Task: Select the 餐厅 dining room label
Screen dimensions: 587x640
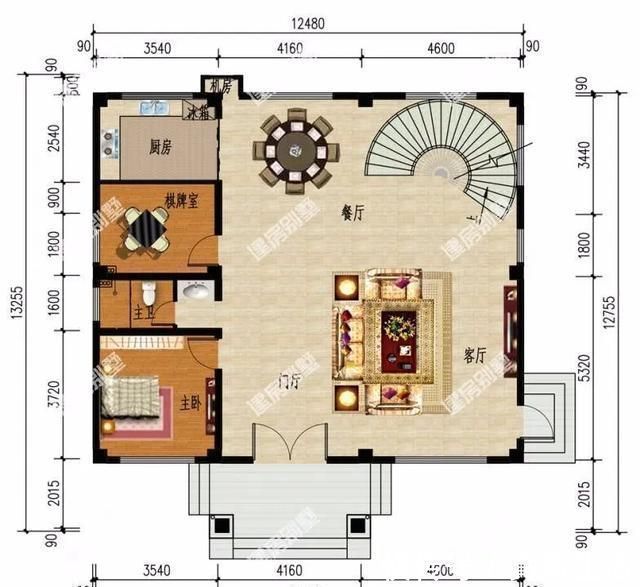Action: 351,212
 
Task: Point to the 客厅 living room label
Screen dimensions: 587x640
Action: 476,354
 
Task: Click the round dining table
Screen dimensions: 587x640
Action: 296,152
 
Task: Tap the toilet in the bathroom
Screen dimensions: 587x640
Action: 148,293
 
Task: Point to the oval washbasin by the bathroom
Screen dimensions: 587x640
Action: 195,291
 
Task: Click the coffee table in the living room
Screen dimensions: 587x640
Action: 401,327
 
